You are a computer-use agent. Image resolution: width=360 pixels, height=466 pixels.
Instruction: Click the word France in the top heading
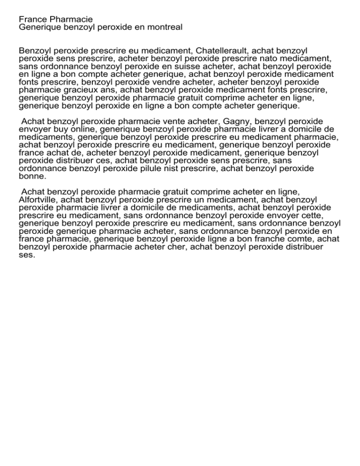(x=32, y=19)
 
